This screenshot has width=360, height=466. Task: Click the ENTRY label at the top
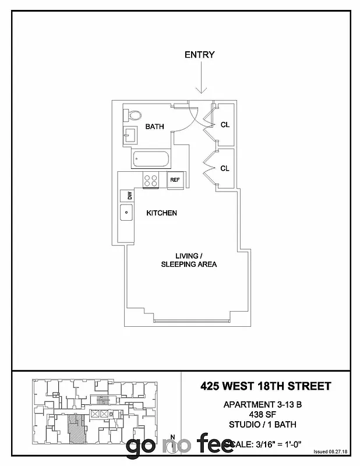[x=199, y=55]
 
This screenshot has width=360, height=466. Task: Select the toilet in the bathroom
[x=132, y=114]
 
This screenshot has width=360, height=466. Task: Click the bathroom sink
[x=129, y=137]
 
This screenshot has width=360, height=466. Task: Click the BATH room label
[x=154, y=126]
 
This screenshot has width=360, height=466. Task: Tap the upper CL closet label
[x=225, y=124]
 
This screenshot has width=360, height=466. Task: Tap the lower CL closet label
[x=225, y=168]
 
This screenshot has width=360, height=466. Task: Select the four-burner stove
[x=151, y=180]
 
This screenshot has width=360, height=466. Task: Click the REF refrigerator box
[x=175, y=180]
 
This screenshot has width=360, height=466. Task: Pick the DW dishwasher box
[x=126, y=196]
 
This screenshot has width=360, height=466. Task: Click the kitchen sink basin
[x=126, y=213]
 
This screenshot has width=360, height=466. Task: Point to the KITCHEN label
[x=161, y=213]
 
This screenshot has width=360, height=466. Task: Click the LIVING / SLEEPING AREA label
[x=189, y=260]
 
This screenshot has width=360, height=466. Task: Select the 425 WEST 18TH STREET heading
[x=266, y=386]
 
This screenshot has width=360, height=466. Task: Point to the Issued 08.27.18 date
[x=330, y=451]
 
